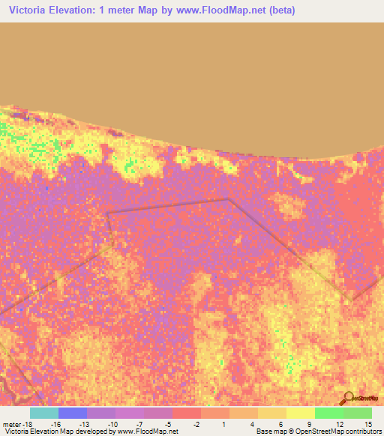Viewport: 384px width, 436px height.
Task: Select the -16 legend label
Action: coord(55,423)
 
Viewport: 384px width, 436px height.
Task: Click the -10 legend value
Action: coord(112,423)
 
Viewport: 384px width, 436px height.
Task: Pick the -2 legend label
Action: coord(196,423)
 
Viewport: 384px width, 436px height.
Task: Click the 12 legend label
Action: coord(338,423)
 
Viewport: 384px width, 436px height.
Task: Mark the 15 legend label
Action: coord(367,423)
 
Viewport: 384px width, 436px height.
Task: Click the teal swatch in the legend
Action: coord(44,413)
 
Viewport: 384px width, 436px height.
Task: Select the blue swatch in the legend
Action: coord(73,413)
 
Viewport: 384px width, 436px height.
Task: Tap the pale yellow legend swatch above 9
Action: coord(301,413)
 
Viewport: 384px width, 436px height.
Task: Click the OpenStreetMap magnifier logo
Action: coord(347,398)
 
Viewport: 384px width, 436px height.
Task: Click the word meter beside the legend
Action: coord(10,423)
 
